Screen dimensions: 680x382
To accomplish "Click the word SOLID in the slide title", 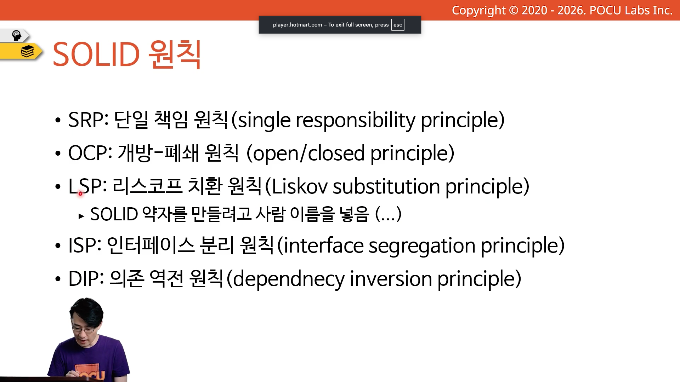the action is click(96, 54).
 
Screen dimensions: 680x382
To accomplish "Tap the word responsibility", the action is click(356, 120).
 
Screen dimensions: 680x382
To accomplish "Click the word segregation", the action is click(422, 246).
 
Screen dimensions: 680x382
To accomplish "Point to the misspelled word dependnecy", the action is click(289, 279).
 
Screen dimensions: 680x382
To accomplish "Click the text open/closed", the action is click(309, 154).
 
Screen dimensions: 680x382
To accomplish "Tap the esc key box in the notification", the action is click(398, 25).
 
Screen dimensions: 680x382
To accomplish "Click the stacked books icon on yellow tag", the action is click(27, 51).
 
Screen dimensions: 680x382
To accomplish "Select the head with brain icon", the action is click(17, 35).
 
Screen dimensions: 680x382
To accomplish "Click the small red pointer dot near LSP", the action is click(80, 193).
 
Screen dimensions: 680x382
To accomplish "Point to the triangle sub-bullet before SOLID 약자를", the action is click(81, 216).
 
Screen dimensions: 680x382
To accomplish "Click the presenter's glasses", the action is click(84, 329).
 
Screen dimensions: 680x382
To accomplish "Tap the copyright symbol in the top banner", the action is click(514, 11).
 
